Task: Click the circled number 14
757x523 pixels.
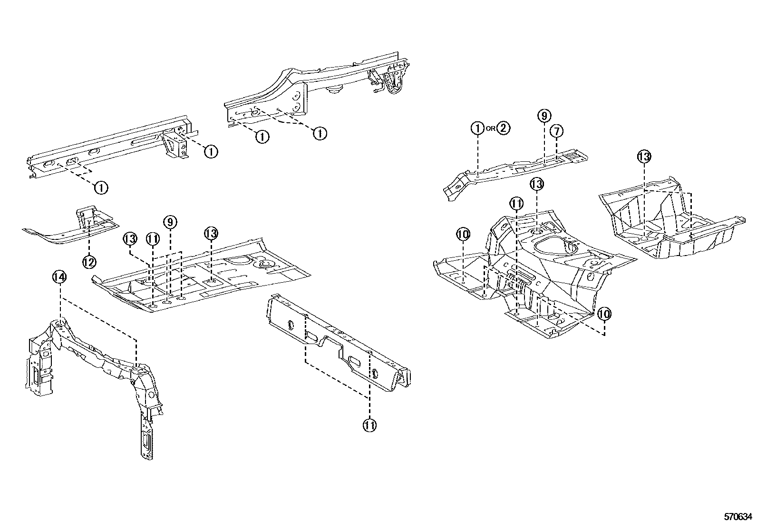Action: (x=59, y=277)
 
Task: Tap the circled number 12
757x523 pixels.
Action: (x=89, y=262)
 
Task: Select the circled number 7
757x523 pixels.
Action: (x=556, y=131)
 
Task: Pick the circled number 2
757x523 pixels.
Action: (x=503, y=128)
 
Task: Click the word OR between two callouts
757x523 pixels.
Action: (x=490, y=128)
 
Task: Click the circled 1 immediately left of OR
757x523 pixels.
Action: (x=478, y=128)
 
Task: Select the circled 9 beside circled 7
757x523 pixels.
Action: (x=544, y=116)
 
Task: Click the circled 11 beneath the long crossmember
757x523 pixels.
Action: (x=369, y=425)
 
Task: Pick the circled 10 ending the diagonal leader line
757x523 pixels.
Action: (x=604, y=314)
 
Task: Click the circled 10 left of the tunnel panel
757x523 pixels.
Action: (x=463, y=234)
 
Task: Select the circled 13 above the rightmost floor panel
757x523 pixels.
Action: (x=644, y=157)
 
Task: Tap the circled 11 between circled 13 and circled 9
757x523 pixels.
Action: (x=153, y=239)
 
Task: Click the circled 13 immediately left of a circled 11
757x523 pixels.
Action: (x=130, y=239)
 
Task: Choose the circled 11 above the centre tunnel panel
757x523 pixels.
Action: (x=516, y=204)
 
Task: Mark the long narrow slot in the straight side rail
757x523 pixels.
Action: (x=145, y=140)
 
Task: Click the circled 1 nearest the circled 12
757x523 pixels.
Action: (x=101, y=187)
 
